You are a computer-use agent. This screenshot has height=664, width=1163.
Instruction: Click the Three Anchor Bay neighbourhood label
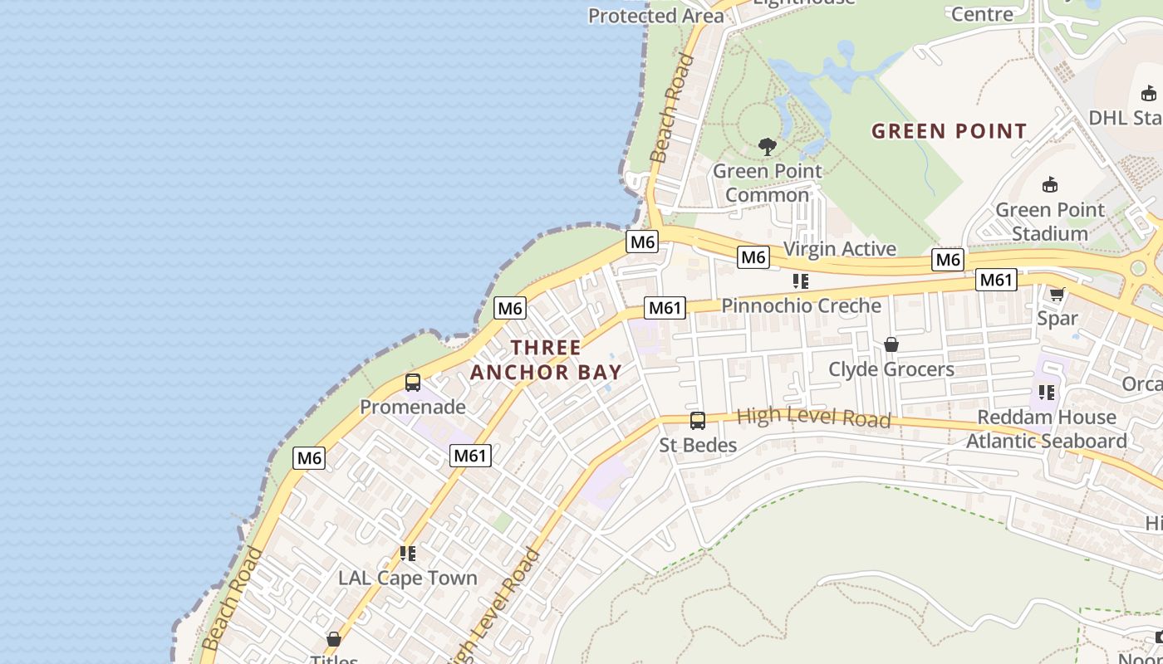546,359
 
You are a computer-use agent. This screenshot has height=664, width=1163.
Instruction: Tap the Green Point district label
949,131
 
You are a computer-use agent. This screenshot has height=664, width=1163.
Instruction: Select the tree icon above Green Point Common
768,147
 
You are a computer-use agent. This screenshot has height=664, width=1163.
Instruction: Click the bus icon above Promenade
413,383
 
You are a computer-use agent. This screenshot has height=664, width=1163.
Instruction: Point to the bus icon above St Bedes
698,421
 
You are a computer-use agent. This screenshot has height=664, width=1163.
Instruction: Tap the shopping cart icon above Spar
1057,294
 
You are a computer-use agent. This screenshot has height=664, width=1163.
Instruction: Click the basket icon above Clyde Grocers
891,344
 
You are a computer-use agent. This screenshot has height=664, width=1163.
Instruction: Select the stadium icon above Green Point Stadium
1050,184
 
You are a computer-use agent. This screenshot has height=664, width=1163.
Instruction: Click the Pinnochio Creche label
801,305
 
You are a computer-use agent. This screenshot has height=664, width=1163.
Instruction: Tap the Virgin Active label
840,249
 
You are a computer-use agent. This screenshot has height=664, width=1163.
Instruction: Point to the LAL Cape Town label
408,579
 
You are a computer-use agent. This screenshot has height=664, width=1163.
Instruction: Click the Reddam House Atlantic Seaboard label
1046,429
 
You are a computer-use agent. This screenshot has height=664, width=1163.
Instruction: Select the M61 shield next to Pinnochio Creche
665,309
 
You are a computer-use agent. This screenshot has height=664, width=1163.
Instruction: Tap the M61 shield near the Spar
995,281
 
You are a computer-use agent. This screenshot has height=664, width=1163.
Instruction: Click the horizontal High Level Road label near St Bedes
813,417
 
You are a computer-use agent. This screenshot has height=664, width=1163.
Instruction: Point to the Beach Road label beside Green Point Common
672,108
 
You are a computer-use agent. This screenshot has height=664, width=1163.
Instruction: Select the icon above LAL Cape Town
408,553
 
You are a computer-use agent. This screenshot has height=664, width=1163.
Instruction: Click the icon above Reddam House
1046,392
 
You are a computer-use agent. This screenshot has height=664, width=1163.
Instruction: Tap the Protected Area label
656,16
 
